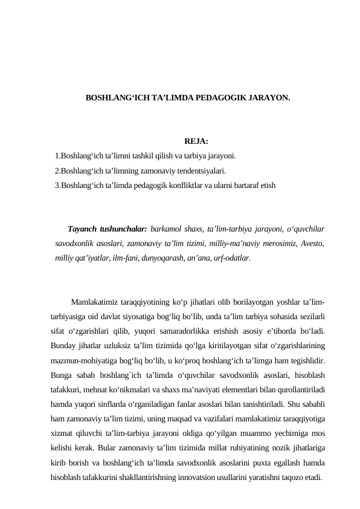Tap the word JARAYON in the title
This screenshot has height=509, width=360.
point(262,97)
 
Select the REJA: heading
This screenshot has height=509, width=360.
point(196,141)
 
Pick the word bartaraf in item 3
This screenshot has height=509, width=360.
point(246,185)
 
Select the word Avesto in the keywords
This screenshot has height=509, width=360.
point(312,244)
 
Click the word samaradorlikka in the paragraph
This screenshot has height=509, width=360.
point(185,334)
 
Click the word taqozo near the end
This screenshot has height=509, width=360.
point(294,479)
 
